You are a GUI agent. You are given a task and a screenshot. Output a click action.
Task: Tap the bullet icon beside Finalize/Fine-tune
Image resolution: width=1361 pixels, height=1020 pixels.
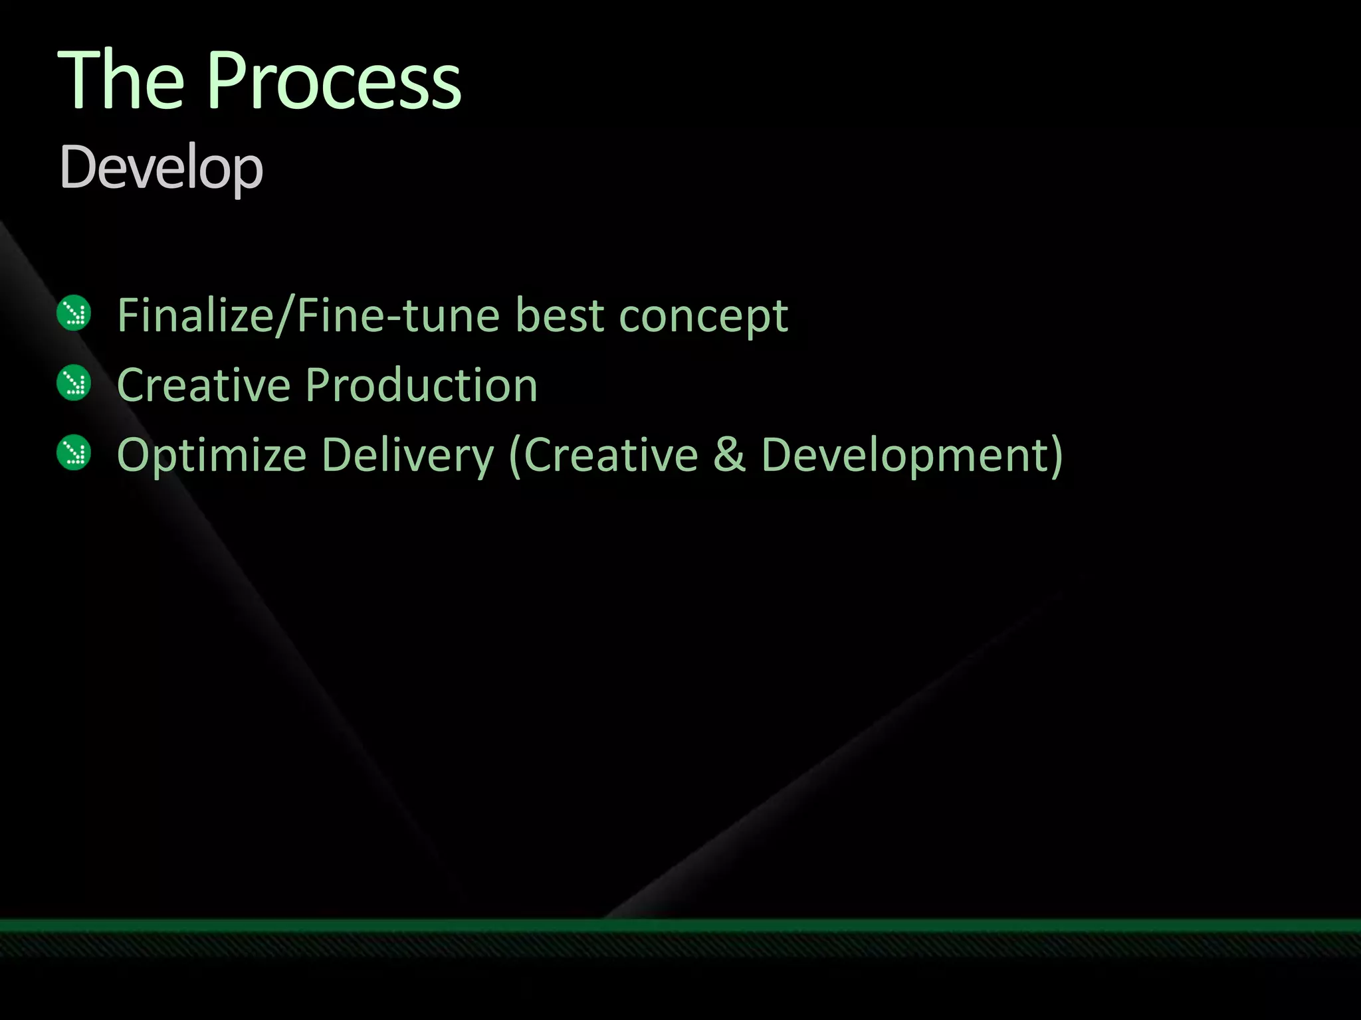74,313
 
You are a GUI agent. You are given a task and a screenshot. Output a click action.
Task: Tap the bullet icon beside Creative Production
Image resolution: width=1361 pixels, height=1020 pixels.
74,383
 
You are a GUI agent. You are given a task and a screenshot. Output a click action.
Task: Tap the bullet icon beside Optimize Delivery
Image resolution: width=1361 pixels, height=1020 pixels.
74,453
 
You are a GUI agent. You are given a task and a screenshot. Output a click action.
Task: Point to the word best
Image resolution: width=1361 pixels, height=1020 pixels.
560,315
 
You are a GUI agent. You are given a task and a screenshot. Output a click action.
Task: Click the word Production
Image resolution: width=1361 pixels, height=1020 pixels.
421,385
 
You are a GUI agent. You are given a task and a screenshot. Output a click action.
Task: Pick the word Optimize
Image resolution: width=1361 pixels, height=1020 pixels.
211,457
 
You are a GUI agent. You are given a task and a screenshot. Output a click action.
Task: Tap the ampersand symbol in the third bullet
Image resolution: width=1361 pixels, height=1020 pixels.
730,456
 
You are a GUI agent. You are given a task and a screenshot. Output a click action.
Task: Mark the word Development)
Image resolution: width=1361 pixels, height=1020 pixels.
912,457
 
